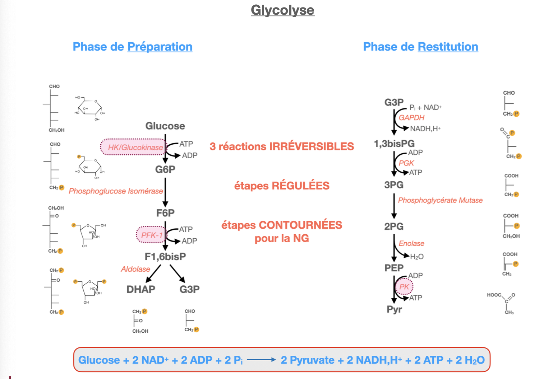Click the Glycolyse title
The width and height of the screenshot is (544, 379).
click(282, 10)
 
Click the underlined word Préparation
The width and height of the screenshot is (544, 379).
click(160, 47)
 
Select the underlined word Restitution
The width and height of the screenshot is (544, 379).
click(448, 47)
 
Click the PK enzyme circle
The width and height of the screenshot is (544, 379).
click(404, 286)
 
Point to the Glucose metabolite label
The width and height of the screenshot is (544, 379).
click(165, 126)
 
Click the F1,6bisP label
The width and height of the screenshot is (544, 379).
click(165, 257)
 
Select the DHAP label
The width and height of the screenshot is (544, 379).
click(141, 289)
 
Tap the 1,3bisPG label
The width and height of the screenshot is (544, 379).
click(394, 144)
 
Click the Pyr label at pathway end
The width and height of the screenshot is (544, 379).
click(394, 309)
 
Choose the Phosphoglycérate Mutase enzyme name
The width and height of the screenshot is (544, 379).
click(440, 200)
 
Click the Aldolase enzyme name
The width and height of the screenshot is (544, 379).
click(135, 269)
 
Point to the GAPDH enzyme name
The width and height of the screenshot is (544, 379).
click(412, 118)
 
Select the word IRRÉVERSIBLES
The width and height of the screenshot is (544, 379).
click(311, 146)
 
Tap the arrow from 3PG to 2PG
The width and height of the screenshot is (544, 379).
click(394, 206)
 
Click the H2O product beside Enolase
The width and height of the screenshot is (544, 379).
click(417, 257)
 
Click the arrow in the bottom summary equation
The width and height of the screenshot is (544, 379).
click(261, 360)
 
